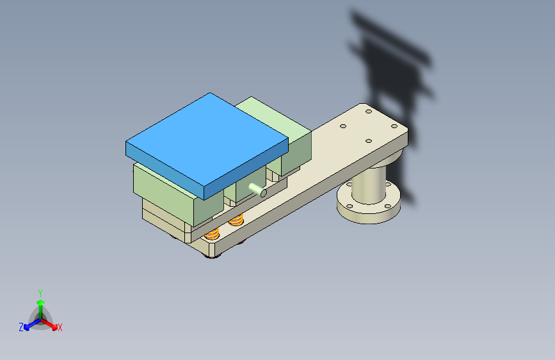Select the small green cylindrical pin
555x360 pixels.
point(258,190)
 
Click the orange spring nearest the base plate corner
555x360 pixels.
point(212,234)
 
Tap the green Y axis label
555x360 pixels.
point(40,293)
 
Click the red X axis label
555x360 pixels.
point(60,327)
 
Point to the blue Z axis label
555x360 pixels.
point(21,327)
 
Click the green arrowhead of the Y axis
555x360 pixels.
point(41,303)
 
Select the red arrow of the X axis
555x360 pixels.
point(49,324)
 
